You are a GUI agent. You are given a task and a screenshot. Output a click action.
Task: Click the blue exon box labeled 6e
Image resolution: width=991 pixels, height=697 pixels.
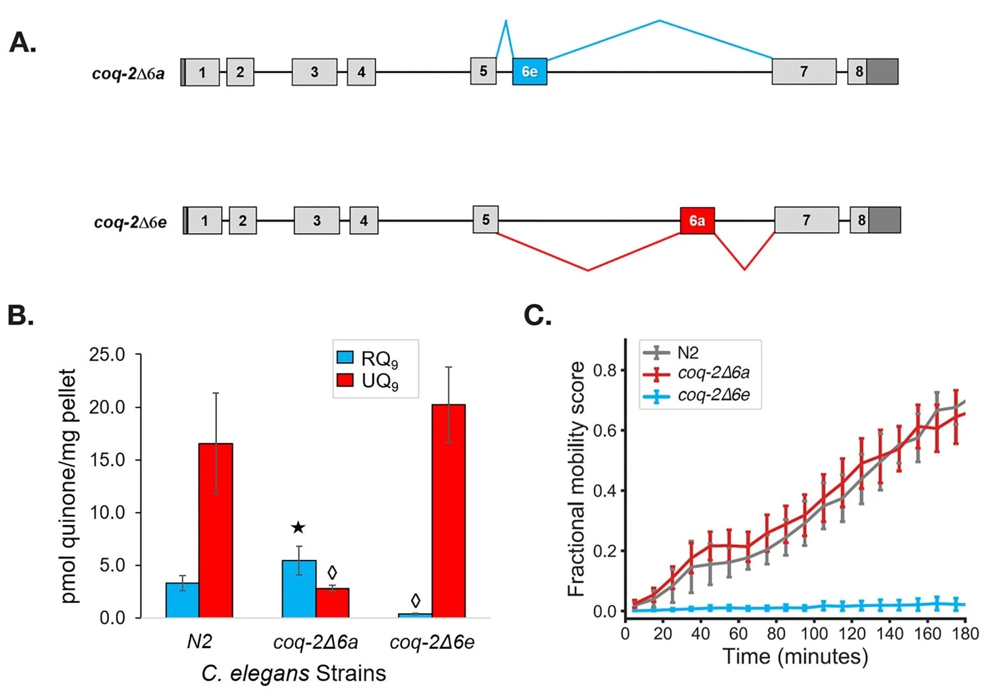point(529,71)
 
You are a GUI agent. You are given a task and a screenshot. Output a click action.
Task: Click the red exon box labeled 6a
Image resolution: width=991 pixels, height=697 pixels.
point(697,220)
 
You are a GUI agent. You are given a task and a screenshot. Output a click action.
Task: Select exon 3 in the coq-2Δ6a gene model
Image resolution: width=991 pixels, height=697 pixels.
point(314,72)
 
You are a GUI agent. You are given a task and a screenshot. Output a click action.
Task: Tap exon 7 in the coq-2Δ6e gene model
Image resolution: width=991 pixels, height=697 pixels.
point(806,220)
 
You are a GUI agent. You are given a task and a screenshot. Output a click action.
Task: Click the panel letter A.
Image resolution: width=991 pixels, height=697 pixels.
point(23,43)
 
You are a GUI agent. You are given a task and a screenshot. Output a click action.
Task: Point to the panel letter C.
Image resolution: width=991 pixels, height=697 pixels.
point(537,315)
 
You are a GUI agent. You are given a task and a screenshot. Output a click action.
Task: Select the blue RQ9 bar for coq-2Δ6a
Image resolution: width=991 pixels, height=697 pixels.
point(299,589)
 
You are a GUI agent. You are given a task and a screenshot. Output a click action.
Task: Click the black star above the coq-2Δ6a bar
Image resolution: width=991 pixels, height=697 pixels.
point(298,527)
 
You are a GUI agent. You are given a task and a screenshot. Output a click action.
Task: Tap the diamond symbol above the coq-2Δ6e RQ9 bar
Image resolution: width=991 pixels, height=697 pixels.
point(415,601)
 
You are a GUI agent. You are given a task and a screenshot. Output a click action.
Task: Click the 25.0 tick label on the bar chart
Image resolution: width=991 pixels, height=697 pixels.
point(107,355)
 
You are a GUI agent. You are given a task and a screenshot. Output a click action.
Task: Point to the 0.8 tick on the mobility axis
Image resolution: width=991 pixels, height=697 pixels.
point(604,370)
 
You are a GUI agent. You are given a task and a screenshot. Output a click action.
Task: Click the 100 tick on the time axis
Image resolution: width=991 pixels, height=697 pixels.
point(814,634)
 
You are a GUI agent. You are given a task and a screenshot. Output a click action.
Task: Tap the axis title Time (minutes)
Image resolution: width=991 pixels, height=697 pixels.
point(795,656)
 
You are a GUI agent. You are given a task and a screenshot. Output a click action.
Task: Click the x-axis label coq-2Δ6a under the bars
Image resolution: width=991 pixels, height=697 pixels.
point(316,642)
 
